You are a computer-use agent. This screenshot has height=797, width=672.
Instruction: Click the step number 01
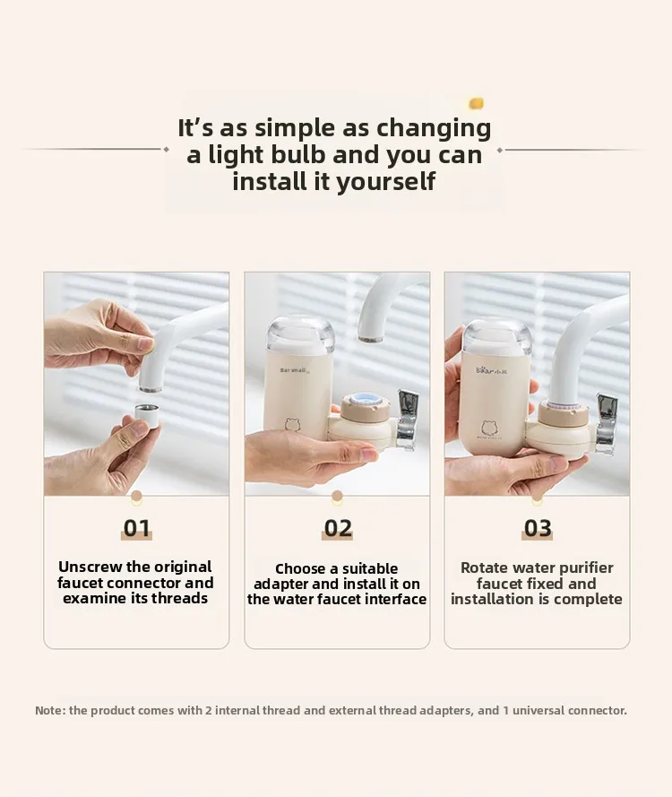click(136, 528)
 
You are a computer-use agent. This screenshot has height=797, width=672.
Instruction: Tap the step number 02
click(338, 528)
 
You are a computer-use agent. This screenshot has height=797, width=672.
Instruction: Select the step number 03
click(538, 528)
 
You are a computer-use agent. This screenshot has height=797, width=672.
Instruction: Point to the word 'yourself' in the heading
click(386, 182)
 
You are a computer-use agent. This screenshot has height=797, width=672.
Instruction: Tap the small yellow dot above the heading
click(476, 104)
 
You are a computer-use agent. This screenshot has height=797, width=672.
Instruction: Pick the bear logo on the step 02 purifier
click(292, 424)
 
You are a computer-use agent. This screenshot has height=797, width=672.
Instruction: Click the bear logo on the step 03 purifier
click(489, 429)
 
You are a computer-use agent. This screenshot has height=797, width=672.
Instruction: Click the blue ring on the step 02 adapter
click(365, 401)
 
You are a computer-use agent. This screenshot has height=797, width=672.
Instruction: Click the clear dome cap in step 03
click(496, 336)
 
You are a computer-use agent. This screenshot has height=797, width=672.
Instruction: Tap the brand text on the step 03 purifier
click(492, 370)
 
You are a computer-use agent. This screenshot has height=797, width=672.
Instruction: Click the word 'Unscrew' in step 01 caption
click(90, 567)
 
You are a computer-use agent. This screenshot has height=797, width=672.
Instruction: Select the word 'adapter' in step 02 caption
click(280, 584)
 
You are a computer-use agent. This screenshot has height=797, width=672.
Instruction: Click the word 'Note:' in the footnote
click(50, 710)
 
